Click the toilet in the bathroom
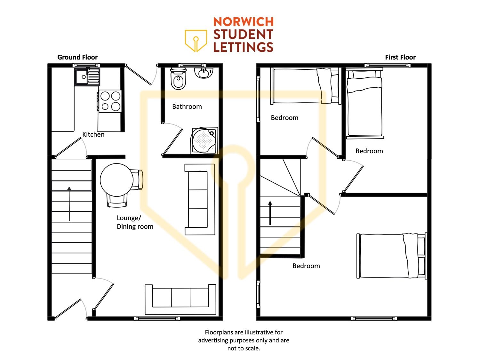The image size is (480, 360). [179, 78]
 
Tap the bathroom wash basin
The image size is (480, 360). [204, 73]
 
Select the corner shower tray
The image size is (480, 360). [204, 140]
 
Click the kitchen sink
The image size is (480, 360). [87, 76]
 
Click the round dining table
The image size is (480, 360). [116, 180]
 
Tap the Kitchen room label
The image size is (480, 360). [93, 134]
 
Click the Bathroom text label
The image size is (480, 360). [187, 107]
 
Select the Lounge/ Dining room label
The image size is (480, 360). [135, 222]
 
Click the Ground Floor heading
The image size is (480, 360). [77, 57]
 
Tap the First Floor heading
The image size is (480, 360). [400, 57]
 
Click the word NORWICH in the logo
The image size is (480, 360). [243, 22]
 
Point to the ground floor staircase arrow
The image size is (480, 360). [69, 204]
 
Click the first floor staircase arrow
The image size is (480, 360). [270, 213]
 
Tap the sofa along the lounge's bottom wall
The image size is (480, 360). [180, 300]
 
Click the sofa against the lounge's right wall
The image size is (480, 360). [200, 199]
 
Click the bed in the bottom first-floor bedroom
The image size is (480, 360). [392, 255]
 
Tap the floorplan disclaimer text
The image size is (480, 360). [244, 340]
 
